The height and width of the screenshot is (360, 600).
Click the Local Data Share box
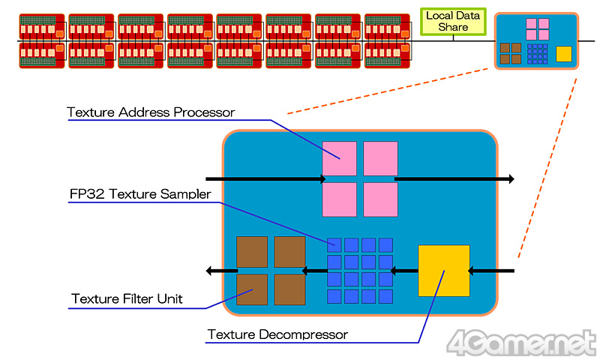point(453,21)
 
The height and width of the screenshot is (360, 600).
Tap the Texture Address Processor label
point(151,112)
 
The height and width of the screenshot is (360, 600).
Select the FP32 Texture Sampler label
point(139,194)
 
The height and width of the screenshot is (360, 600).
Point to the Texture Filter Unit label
point(127,299)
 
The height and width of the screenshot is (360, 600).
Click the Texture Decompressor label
point(277,334)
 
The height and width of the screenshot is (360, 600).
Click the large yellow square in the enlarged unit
point(443,270)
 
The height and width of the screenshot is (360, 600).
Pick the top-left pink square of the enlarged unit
point(339,158)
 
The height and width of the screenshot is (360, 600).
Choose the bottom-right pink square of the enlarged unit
point(380,199)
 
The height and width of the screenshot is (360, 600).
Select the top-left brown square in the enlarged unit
point(252,251)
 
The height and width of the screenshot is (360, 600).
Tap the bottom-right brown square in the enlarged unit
point(289,289)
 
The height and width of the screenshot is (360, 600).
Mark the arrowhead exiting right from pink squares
point(510,179)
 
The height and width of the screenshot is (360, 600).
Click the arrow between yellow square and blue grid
point(406,270)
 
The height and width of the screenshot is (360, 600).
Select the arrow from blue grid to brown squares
point(315,270)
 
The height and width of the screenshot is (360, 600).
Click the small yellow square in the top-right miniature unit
point(562,53)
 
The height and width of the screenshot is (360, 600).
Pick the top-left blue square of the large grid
point(334,244)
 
